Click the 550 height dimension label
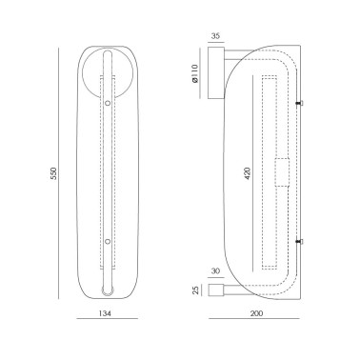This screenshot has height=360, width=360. [x=53, y=173]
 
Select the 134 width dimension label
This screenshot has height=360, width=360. [x=105, y=313]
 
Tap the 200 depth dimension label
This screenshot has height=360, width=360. [x=256, y=313]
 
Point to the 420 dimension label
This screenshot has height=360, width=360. [x=248, y=173]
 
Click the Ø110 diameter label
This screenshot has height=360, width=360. [x=195, y=73]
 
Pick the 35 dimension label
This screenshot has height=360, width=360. [x=215, y=36]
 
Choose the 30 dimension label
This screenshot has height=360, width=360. [x=215, y=271]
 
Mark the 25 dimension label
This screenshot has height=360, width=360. [x=196, y=290]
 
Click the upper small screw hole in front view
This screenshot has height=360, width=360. [x=108, y=103]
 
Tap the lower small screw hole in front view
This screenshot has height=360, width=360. [x=108, y=242]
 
